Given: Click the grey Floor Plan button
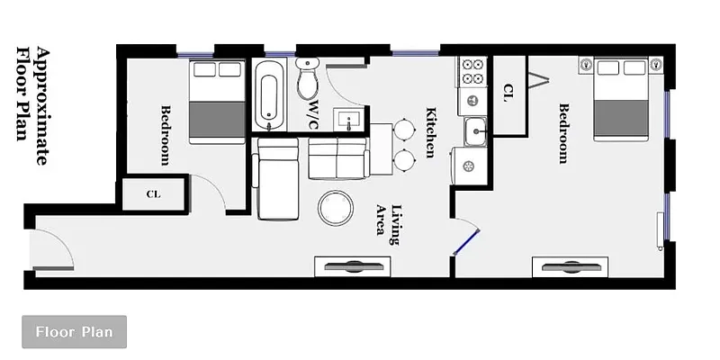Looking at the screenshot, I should click(x=74, y=332).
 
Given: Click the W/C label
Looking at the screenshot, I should click(x=314, y=113).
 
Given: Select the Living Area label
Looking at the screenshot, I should click(x=387, y=220).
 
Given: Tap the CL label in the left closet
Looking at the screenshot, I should click(x=152, y=194).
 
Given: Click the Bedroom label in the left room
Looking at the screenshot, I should click(x=166, y=136).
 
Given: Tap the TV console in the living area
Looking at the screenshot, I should click(x=353, y=265).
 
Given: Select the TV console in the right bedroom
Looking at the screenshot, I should click(x=571, y=266).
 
